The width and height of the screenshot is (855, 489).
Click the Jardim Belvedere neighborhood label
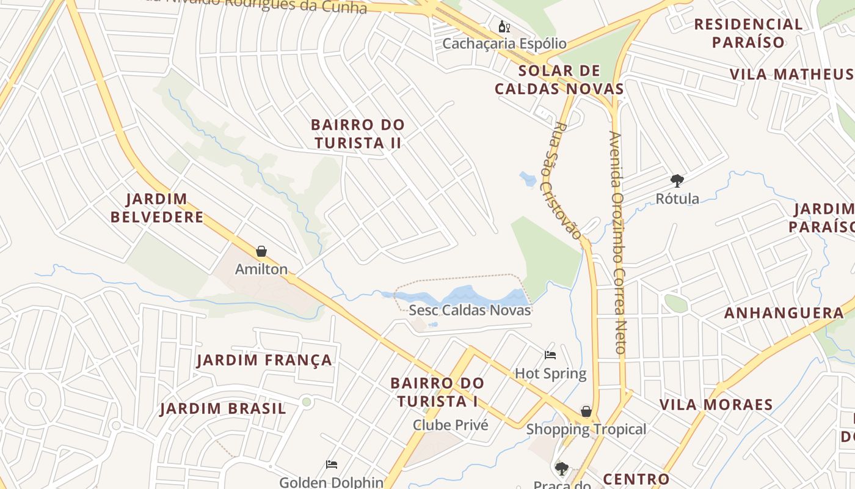click(157, 208)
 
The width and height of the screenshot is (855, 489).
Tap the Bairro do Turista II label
click(358, 133)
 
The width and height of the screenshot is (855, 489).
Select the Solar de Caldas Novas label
click(559, 79)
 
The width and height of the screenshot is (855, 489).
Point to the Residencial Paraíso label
click(748, 33)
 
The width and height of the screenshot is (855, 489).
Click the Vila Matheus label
click(791, 74)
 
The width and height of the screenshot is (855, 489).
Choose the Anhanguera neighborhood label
click(784, 313)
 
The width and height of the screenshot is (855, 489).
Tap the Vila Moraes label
click(716, 405)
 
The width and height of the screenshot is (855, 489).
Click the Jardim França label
click(264, 360)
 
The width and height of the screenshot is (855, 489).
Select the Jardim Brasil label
click(223, 408)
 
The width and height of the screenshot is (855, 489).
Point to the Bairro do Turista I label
click(437, 392)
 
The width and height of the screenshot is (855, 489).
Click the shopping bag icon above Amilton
click(261, 251)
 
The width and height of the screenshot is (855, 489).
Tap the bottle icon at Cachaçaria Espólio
click(504, 26)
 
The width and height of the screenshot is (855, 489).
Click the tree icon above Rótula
click(677, 180)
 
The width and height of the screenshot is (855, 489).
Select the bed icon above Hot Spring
click(550, 355)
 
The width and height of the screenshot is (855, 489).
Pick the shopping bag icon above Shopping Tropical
click(586, 411)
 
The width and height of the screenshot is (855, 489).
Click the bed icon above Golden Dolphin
click(332, 465)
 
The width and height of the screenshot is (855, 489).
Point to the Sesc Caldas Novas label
click(470, 310)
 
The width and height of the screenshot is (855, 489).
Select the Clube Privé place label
click(451, 425)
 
